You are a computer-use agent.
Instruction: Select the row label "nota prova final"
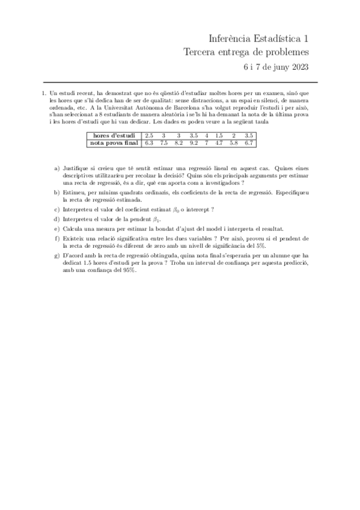click(114, 143)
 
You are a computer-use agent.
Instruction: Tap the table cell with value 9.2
click(193, 143)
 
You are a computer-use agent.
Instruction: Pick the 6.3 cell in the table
click(149, 143)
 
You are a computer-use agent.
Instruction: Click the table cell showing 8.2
click(178, 143)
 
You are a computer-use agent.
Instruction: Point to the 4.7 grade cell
click(218, 143)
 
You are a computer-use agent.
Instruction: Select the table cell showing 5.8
click(234, 143)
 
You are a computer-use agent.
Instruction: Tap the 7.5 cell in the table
click(163, 143)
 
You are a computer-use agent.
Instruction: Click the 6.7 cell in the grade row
click(249, 143)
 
